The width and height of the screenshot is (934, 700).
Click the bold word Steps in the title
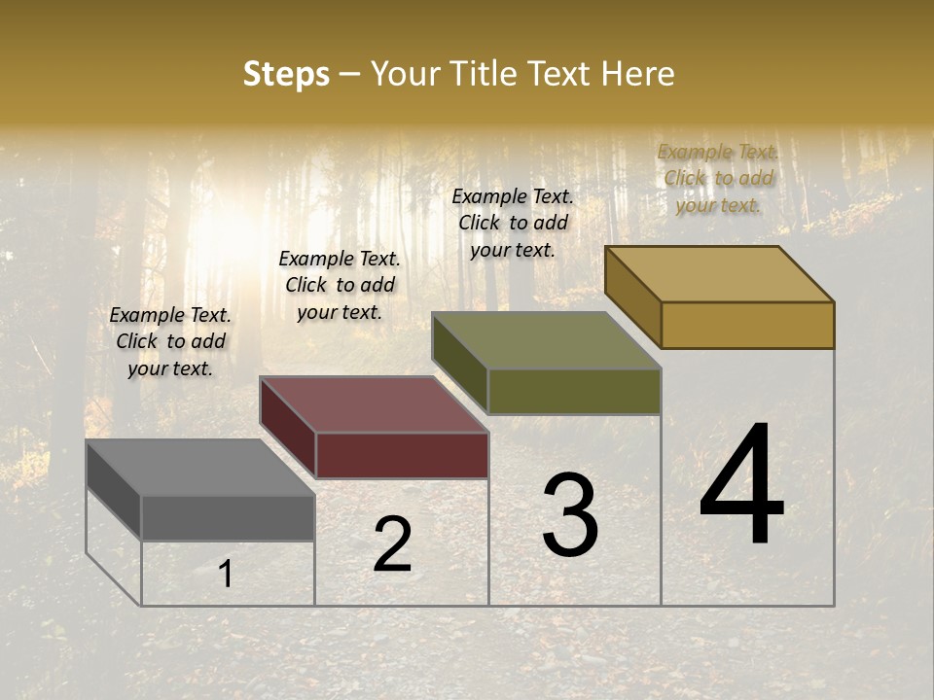[286, 74]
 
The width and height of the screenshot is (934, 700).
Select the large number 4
[741, 486]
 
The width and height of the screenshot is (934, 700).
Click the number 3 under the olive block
[570, 515]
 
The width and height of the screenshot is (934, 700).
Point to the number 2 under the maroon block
[393, 544]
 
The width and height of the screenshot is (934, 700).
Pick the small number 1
[226, 575]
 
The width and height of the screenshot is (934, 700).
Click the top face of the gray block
[200, 467]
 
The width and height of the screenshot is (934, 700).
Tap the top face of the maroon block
[374, 403]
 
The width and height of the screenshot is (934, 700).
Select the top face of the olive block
[547, 340]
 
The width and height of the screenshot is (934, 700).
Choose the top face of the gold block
[720, 273]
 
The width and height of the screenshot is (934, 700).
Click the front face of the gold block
[747, 325]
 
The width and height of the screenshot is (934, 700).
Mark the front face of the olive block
[574, 392]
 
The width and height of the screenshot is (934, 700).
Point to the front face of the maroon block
[402, 455]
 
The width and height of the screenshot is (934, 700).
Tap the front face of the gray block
[228, 517]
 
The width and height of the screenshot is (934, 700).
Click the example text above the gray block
[170, 341]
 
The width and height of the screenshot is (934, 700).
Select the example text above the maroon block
[340, 285]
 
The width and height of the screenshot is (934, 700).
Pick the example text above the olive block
[513, 223]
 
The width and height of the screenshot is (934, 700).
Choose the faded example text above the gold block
[718, 178]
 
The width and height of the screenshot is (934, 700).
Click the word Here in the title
[637, 74]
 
